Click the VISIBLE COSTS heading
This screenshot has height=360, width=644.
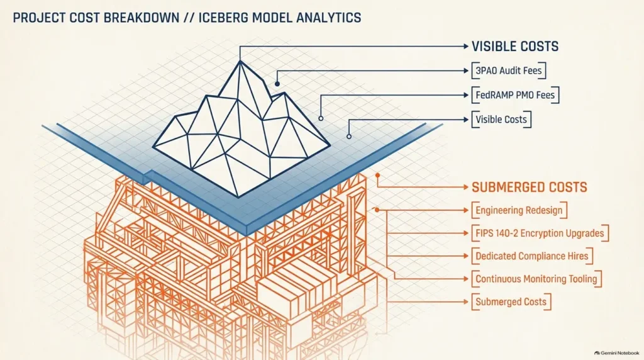(x=515, y=47)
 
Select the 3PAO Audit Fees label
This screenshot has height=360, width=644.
(x=508, y=70)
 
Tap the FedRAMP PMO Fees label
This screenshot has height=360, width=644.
(x=515, y=95)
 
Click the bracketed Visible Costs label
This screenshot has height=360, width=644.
(x=501, y=120)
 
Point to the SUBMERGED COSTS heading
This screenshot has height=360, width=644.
(x=530, y=188)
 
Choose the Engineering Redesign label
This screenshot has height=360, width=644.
(x=519, y=210)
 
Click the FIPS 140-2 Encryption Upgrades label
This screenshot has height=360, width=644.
(x=540, y=233)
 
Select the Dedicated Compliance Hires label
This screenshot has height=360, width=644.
(x=532, y=256)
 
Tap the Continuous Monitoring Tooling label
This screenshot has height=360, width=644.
(x=536, y=279)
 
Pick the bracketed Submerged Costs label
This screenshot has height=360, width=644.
(x=511, y=302)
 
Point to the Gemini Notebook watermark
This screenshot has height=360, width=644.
(x=617, y=353)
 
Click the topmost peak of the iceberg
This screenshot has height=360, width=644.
(x=240, y=61)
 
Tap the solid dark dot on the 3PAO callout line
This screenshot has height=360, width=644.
(x=277, y=84)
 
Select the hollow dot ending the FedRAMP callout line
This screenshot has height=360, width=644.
(x=321, y=118)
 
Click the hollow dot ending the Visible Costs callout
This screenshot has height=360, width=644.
(x=348, y=137)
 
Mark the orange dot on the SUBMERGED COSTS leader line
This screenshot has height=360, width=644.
(x=377, y=176)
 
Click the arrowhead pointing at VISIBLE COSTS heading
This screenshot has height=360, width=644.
(x=466, y=47)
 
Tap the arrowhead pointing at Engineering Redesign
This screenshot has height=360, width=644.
(x=466, y=210)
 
